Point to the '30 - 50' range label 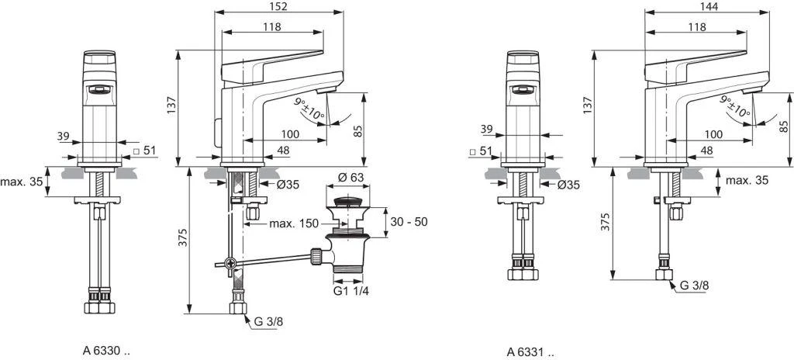[x=408, y=221]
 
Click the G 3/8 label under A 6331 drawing [x=695, y=286]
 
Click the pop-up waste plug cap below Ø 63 [x=343, y=203]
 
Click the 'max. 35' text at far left [x=21, y=182]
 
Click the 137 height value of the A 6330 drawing [x=172, y=103]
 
